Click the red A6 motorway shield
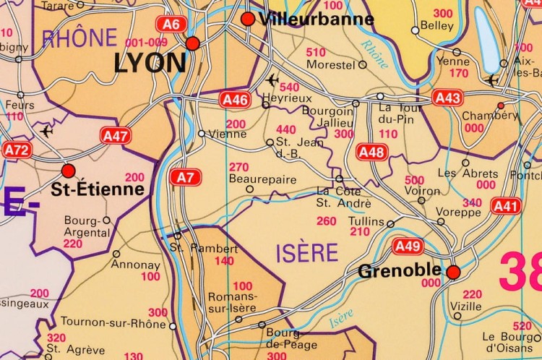(171, 25)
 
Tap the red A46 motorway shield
(236, 100)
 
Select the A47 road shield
(116, 135)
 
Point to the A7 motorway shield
(185, 176)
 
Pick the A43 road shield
(448, 97)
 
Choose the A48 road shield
(372, 152)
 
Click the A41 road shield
(506, 207)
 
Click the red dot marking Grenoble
(453, 272)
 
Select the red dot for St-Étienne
(69, 171)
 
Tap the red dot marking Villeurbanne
(248, 19)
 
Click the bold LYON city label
(150, 64)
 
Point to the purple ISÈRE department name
(306, 253)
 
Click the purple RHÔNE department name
(79, 38)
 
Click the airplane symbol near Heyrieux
(272, 79)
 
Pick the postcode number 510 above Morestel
(316, 52)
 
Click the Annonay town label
(135, 265)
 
